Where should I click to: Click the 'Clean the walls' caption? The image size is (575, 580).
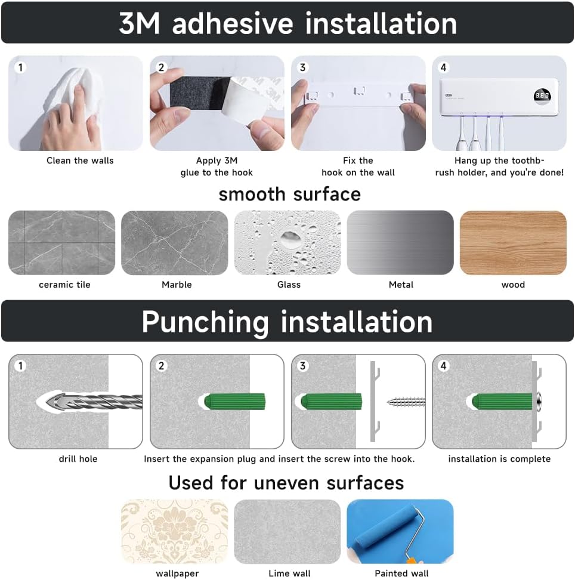(80, 161)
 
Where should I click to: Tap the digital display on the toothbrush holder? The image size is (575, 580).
(542, 95)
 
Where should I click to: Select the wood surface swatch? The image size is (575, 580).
(513, 243)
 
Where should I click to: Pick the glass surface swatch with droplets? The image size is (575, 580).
(287, 243)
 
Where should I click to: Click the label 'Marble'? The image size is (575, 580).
(177, 285)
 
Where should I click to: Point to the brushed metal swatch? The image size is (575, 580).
(400, 243)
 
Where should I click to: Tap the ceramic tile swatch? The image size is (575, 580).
(62, 243)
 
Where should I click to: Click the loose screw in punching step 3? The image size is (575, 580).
(406, 402)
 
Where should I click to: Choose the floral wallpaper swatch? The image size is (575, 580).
(175, 532)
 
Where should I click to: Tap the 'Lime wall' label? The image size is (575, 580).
(289, 573)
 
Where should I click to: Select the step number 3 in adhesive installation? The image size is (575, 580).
(303, 67)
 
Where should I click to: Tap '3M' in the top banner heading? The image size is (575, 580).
(140, 23)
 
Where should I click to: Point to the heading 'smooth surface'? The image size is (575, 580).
(289, 195)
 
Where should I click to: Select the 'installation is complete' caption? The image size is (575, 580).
(499, 459)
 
